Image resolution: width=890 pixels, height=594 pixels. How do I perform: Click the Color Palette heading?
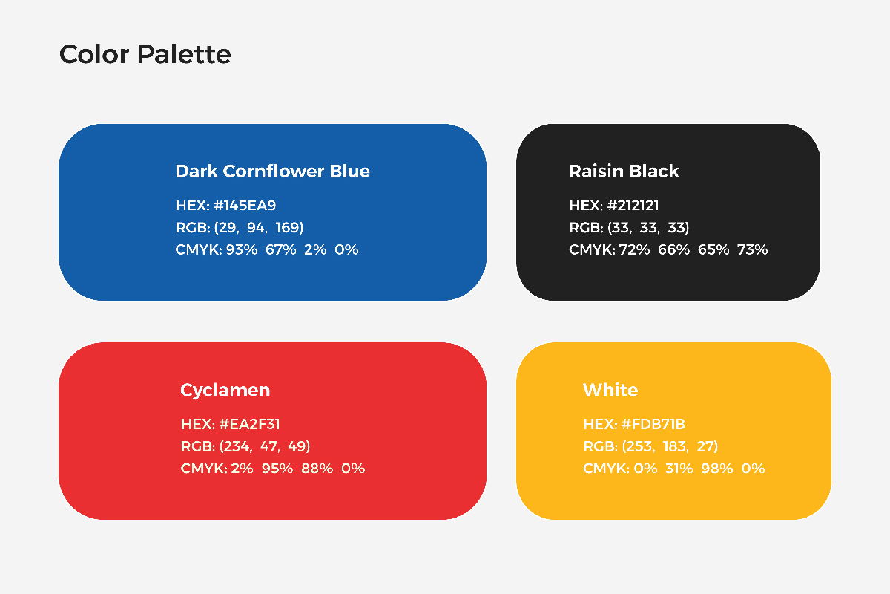(x=145, y=54)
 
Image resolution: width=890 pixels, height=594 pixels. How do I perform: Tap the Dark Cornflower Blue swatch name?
(x=273, y=172)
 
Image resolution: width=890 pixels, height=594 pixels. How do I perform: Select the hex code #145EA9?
(x=245, y=205)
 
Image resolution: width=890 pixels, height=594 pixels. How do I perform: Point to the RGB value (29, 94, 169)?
(x=259, y=227)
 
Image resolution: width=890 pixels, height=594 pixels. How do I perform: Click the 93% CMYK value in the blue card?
(x=242, y=250)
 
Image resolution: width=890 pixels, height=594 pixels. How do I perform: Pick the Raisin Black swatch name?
(x=624, y=172)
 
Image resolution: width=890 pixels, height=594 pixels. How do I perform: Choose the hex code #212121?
(x=633, y=205)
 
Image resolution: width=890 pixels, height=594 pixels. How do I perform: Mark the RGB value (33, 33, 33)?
(x=648, y=227)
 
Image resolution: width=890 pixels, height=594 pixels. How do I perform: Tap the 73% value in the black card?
(x=752, y=250)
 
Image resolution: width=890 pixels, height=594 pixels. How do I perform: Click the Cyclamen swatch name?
(x=225, y=391)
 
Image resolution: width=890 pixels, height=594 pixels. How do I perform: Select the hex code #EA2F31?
(x=249, y=424)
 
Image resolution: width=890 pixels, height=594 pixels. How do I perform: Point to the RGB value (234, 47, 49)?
(x=265, y=446)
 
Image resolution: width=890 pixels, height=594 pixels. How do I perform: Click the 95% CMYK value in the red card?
(x=277, y=469)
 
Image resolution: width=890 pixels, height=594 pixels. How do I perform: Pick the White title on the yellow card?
(x=610, y=391)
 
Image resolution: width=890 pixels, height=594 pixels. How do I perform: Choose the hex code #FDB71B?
(x=653, y=424)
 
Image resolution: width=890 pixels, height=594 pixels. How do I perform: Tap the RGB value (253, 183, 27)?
(x=670, y=446)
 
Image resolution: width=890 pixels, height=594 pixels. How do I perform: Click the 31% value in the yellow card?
(x=679, y=469)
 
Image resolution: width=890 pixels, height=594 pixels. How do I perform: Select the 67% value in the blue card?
(x=280, y=250)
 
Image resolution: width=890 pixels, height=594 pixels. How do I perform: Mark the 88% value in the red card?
(x=317, y=469)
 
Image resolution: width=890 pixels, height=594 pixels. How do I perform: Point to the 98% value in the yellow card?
(x=716, y=469)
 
